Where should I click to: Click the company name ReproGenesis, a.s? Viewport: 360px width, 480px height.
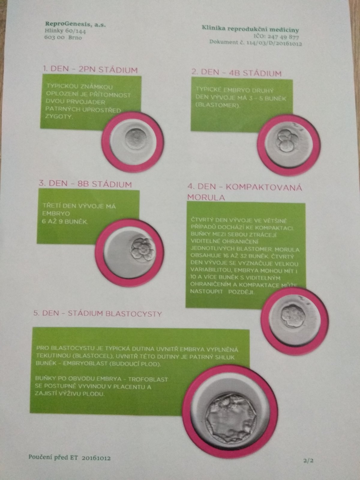point(75,24)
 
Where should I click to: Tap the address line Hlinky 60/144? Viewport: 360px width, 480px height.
point(65,31)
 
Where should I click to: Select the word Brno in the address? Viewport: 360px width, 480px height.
point(75,37)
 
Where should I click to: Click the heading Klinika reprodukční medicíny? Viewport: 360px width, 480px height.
point(250,29)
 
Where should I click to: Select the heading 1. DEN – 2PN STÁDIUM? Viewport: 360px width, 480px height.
point(90,70)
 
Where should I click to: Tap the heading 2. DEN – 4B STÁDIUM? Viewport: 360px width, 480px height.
point(236,73)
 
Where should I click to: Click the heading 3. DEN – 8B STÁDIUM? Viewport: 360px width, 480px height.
point(85,184)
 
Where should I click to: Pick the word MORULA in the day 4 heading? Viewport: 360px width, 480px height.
point(206,197)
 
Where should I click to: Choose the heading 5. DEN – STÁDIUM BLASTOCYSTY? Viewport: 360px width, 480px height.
point(97,313)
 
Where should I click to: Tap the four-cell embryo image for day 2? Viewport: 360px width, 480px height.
point(289,145)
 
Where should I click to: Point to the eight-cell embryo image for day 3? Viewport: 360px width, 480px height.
point(130,253)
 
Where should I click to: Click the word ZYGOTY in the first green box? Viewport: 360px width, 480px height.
point(58,116)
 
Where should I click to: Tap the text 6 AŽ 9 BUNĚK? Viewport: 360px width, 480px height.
point(65,221)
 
